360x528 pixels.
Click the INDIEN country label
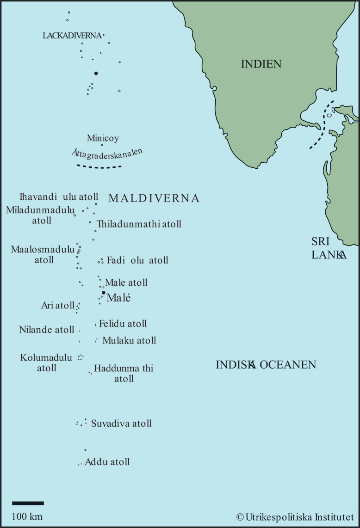click(x=261, y=64)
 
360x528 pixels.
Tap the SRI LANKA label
click(x=328, y=248)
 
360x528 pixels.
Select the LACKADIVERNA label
click(x=72, y=35)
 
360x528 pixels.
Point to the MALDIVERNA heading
click(x=154, y=198)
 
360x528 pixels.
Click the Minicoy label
click(x=103, y=138)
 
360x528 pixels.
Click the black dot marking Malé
click(x=104, y=293)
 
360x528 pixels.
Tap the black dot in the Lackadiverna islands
click(x=96, y=73)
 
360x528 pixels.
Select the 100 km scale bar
click(x=28, y=503)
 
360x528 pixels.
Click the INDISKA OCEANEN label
click(x=266, y=365)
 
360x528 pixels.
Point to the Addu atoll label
click(x=107, y=462)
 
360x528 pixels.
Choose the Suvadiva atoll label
click(x=121, y=424)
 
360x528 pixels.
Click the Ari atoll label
click(x=57, y=306)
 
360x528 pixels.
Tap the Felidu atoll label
click(x=123, y=324)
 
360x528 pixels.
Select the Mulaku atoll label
click(x=129, y=341)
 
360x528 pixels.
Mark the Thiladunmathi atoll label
click(x=139, y=224)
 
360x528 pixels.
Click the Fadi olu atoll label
click(x=137, y=260)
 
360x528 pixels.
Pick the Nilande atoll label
click(x=46, y=330)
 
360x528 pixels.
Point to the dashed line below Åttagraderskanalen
click(x=99, y=167)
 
